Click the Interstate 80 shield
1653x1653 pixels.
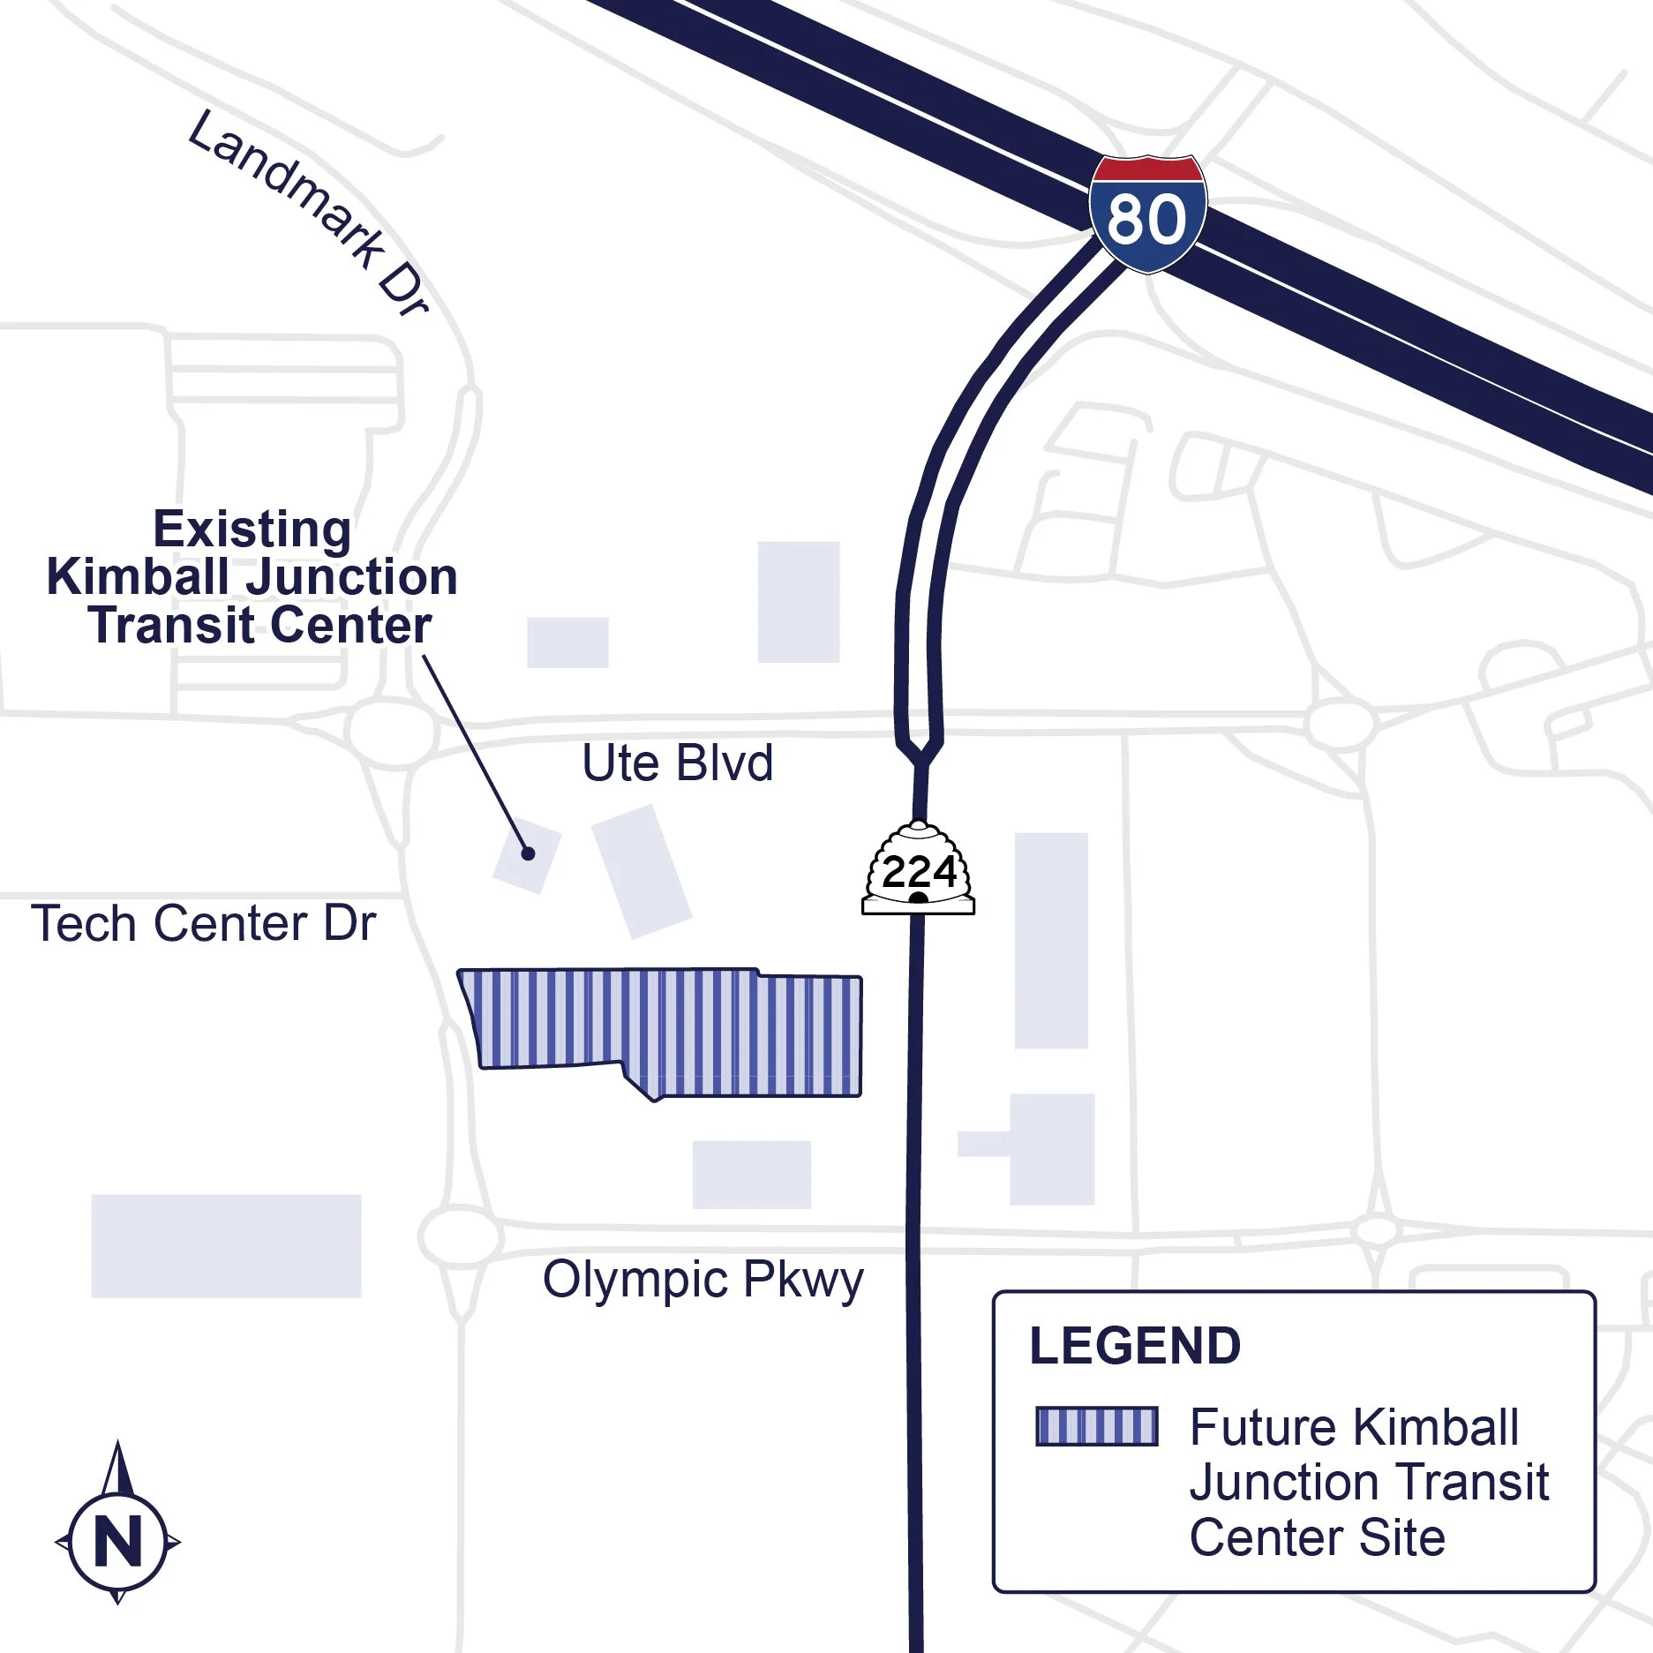pos(1146,214)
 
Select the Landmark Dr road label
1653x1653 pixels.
pos(309,212)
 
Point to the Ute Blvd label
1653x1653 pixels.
pos(677,763)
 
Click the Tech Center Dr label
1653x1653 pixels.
pos(204,924)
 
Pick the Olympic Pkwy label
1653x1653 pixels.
pos(703,1280)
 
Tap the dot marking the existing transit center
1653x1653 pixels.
pos(528,853)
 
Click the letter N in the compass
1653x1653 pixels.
pos(118,1542)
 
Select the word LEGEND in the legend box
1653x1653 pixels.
pos(1135,1346)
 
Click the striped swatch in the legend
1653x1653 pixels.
pos(1096,1426)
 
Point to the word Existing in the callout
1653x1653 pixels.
pos(252,530)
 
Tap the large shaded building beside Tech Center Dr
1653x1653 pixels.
pos(226,1246)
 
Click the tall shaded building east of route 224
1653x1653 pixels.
pos(1051,940)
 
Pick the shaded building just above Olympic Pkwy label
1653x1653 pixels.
pos(751,1175)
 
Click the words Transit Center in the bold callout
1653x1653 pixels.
pos(260,626)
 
